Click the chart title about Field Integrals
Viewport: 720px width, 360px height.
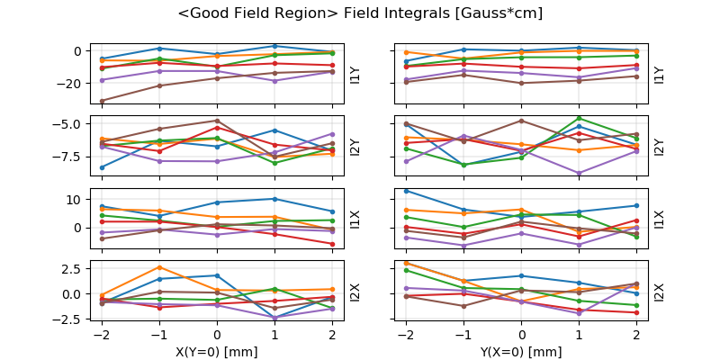coord(360,13)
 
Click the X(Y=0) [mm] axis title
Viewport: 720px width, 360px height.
coord(217,352)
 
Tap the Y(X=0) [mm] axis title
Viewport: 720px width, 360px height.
coord(522,352)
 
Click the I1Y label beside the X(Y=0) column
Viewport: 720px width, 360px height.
coord(355,75)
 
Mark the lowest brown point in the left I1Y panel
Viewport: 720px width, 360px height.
coord(102,101)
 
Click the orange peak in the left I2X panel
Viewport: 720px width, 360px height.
coord(159,267)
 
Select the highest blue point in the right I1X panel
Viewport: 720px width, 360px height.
coord(406,191)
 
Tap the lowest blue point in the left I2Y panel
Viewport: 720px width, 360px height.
coord(102,167)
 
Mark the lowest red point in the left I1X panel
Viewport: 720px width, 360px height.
coord(332,244)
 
